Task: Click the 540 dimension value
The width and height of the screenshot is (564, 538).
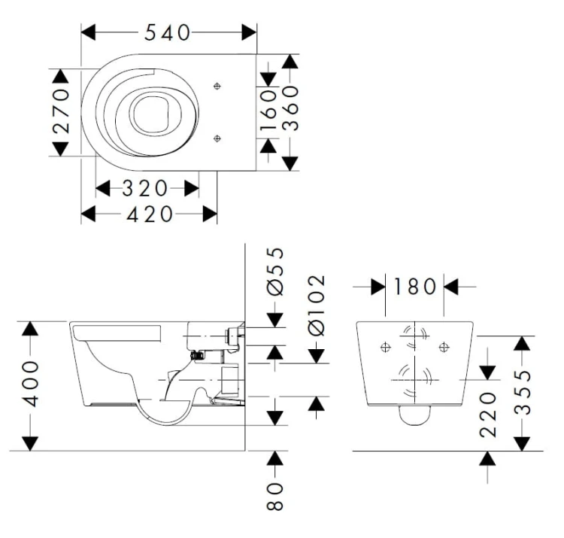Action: tap(167, 33)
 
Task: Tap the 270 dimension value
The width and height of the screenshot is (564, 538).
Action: tap(61, 111)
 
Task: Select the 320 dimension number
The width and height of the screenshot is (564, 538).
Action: tap(144, 188)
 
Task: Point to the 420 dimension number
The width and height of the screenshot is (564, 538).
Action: tap(150, 214)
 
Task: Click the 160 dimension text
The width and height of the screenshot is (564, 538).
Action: tap(268, 110)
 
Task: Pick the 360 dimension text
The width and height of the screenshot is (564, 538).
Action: tap(290, 108)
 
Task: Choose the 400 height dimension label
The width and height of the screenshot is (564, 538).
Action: tap(30, 384)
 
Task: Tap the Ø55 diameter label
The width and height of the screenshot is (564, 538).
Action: tap(275, 272)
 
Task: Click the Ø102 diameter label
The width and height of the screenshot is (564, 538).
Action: tap(317, 306)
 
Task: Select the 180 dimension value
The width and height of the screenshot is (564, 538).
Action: tap(414, 287)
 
